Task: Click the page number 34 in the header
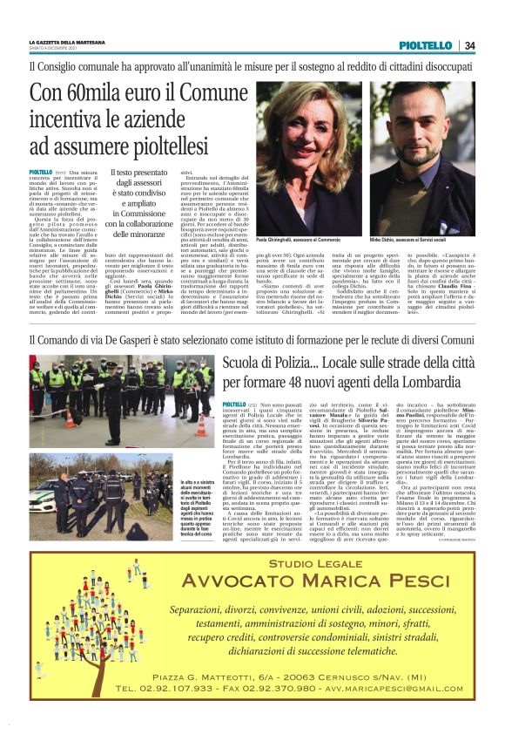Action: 469,45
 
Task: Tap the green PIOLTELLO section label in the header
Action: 426,45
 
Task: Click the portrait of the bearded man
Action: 422,158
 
